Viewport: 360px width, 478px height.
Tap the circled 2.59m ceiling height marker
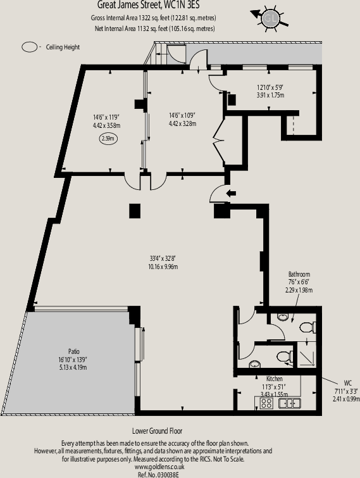point(107,137)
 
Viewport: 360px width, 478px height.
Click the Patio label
point(74,351)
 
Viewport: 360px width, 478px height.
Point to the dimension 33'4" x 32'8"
point(163,258)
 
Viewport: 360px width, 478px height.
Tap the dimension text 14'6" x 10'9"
point(182,115)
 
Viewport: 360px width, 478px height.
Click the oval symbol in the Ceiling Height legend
point(30,47)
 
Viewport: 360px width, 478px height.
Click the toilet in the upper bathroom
point(307,327)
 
